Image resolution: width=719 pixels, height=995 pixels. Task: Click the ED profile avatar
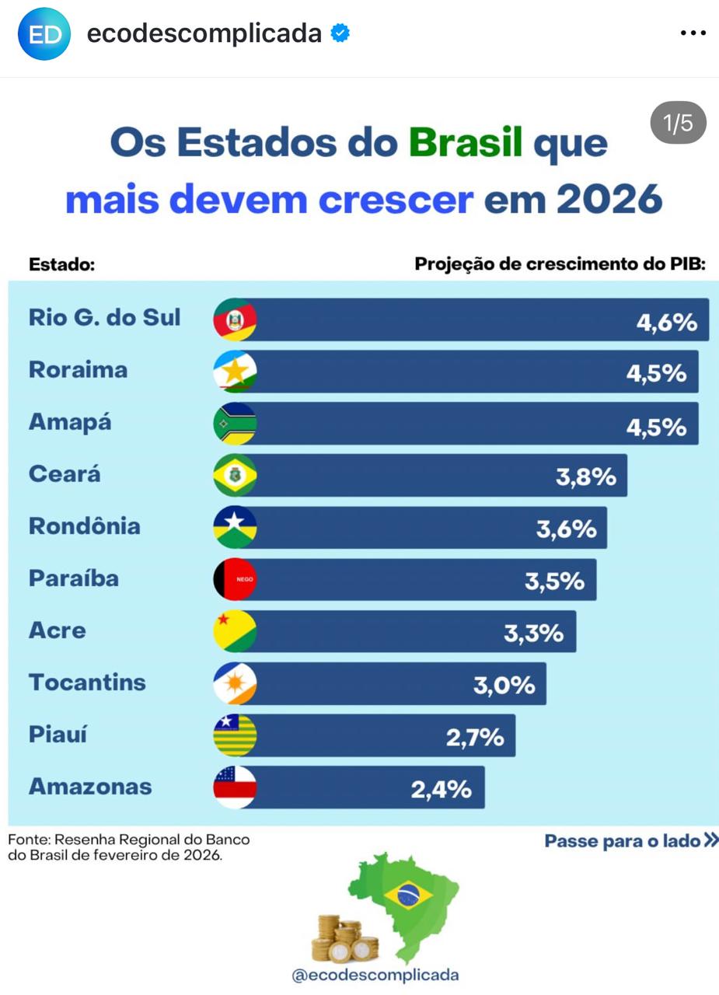(x=44, y=33)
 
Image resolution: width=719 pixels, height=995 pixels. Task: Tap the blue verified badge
(x=340, y=33)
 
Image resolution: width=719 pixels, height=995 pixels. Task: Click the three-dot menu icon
(x=693, y=33)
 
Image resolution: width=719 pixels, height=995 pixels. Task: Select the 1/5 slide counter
(x=678, y=123)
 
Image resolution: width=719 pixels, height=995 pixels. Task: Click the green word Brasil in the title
(x=465, y=142)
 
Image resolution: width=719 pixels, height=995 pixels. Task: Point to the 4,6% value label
(x=667, y=322)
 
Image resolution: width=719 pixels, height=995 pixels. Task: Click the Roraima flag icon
(x=235, y=372)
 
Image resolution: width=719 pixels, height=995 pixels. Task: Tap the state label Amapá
(x=70, y=422)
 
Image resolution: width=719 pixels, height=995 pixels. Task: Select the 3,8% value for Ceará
(x=586, y=477)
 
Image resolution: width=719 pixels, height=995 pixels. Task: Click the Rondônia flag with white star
(x=235, y=527)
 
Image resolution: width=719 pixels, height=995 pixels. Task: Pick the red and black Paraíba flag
(x=235, y=579)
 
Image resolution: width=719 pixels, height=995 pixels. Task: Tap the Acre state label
(x=58, y=630)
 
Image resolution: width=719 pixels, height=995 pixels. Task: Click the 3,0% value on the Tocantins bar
(x=504, y=685)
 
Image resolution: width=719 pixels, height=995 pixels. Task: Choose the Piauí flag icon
(x=235, y=735)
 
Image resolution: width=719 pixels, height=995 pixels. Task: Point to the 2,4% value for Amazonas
(x=442, y=789)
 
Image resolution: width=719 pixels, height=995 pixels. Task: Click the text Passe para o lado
(x=622, y=841)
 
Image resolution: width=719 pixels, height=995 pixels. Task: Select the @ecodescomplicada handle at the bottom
(x=375, y=975)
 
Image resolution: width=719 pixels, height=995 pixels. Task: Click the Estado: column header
(x=61, y=264)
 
